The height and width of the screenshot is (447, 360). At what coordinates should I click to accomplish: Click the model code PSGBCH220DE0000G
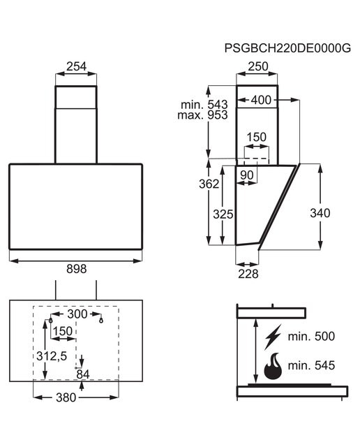[x=287, y=48]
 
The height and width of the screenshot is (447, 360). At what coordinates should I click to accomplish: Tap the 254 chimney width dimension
[x=76, y=66]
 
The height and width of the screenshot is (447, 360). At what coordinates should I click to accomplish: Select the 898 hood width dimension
[x=76, y=269]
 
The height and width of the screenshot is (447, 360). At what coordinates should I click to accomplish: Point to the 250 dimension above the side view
[x=258, y=66]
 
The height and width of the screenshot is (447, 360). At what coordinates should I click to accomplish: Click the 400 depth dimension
[x=261, y=100]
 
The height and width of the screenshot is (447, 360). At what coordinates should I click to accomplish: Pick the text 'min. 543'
[x=204, y=105]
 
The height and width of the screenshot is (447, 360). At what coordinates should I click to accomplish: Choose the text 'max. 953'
[x=202, y=115]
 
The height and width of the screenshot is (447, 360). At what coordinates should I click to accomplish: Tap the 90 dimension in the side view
[x=247, y=175]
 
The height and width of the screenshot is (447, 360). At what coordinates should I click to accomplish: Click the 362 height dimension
[x=209, y=184]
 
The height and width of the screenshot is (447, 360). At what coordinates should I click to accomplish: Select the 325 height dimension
[x=223, y=214]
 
